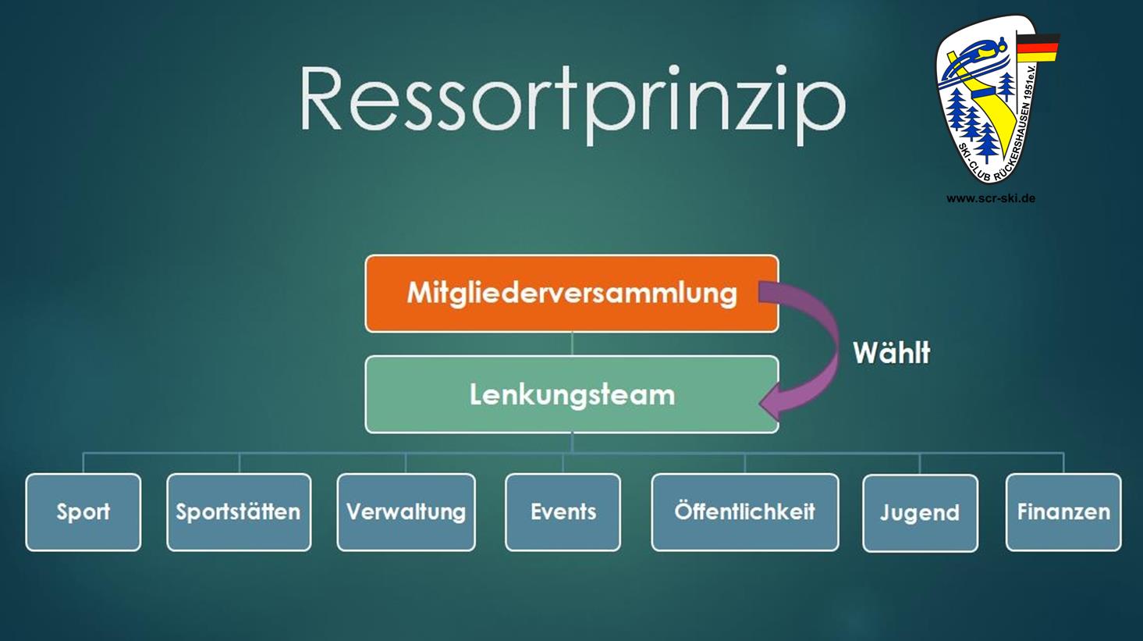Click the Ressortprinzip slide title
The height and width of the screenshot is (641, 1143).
click(x=572, y=104)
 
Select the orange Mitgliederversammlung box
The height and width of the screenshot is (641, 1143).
click(x=572, y=294)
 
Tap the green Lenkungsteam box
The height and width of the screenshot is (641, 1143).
click(x=572, y=394)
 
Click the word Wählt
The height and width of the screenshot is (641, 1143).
click(x=892, y=352)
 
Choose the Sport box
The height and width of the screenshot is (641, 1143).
click(x=83, y=512)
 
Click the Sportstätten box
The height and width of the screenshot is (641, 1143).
click(x=239, y=512)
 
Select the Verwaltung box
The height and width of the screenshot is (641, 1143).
click(x=406, y=512)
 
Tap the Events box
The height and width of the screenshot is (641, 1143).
click(x=563, y=512)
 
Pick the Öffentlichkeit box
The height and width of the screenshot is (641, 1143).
click(x=745, y=512)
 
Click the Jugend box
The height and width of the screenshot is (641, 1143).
click(x=920, y=513)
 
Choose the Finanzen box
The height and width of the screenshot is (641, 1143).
click(x=1064, y=512)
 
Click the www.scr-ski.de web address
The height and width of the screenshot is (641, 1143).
click(x=991, y=198)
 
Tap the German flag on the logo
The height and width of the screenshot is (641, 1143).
click(x=1038, y=48)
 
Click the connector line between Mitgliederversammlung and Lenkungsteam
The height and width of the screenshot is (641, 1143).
click(x=572, y=344)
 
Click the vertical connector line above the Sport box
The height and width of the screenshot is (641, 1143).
click(x=83, y=463)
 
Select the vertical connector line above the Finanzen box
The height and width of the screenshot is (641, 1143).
click(x=1064, y=463)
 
